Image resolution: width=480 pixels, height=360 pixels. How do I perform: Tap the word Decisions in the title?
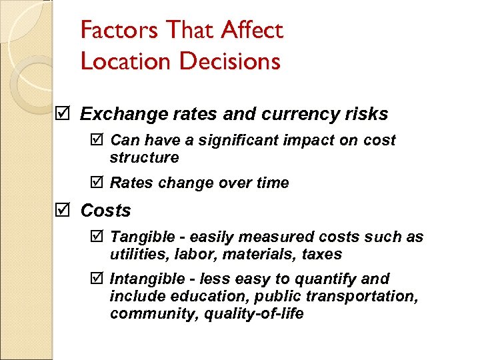229,61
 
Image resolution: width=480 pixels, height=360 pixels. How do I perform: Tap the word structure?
144,157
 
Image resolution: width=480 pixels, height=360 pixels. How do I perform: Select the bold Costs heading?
106,211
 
